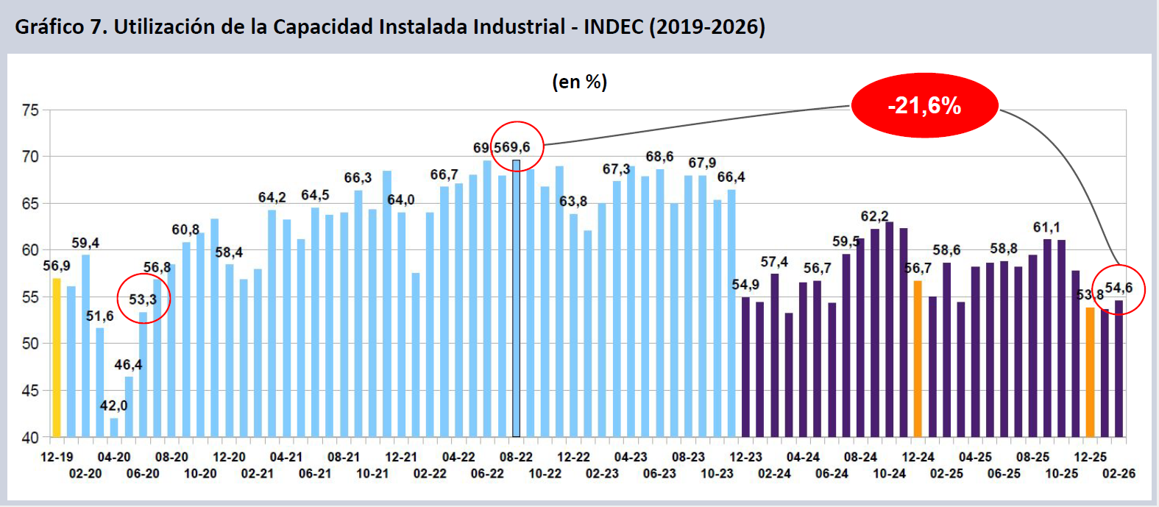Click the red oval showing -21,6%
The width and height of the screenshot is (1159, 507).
pyautogui.click(x=924, y=106)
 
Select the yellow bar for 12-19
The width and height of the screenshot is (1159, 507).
pyautogui.click(x=57, y=357)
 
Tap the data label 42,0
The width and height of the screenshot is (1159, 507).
pyautogui.click(x=114, y=405)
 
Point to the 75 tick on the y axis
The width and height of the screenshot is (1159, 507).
pyautogui.click(x=30, y=110)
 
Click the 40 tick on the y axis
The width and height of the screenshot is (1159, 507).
pyautogui.click(x=30, y=437)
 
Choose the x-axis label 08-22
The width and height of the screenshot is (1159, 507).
pyautogui.click(x=516, y=457)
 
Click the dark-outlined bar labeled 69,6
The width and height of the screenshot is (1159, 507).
pyautogui.click(x=516, y=298)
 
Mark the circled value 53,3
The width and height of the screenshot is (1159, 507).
pyautogui.click(x=143, y=299)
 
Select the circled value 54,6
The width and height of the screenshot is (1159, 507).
pyautogui.click(x=1119, y=288)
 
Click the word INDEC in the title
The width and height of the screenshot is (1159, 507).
pyautogui.click(x=613, y=26)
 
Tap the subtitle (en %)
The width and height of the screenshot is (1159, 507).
pyautogui.click(x=580, y=82)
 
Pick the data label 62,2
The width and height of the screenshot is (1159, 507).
pyautogui.click(x=874, y=216)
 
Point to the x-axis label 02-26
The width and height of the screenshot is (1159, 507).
pyautogui.click(x=1119, y=473)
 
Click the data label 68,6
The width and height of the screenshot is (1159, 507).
pyautogui.click(x=659, y=157)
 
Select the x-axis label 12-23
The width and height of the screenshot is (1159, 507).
pyautogui.click(x=745, y=457)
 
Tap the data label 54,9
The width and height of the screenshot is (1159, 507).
pyautogui.click(x=745, y=285)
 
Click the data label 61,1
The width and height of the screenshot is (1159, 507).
pyautogui.click(x=1046, y=227)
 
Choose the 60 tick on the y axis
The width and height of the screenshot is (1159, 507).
pyautogui.click(x=30, y=250)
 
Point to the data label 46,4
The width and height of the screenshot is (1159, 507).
pyautogui.click(x=128, y=365)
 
